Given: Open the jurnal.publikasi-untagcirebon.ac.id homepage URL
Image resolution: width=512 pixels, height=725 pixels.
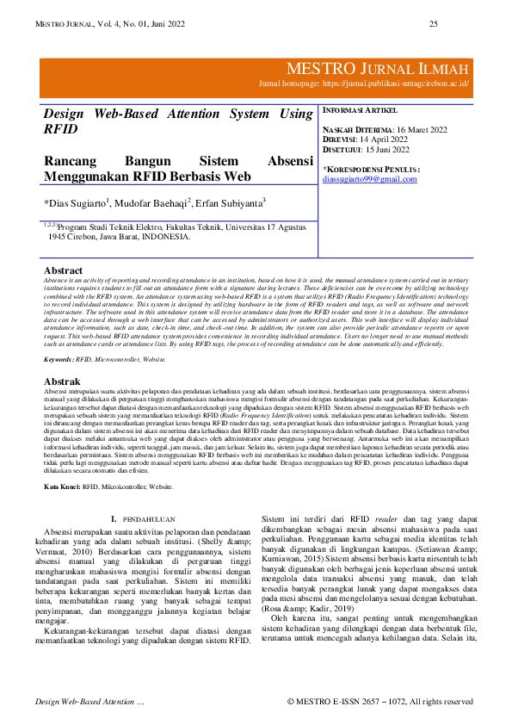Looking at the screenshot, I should (404, 84).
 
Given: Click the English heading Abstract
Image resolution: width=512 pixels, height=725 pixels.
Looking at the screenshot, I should (63, 270).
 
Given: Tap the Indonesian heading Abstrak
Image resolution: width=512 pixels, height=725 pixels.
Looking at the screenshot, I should (62, 381).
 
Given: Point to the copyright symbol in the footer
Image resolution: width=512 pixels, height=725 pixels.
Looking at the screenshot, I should (291, 702).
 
